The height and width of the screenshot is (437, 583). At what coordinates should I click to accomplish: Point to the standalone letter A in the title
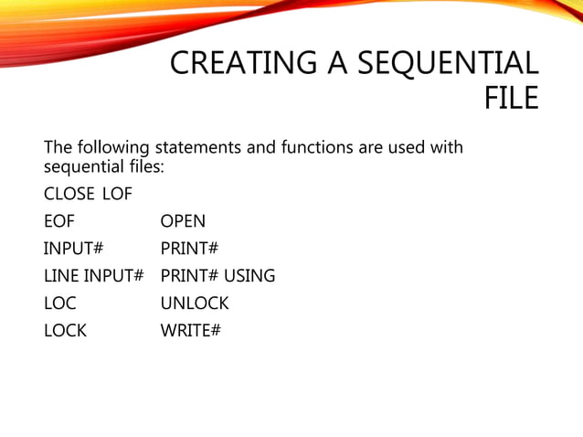click(333, 64)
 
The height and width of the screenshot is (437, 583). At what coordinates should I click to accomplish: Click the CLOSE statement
click(69, 194)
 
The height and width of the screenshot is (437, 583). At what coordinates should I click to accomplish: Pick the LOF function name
click(117, 194)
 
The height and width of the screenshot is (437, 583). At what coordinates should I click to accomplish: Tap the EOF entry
click(59, 221)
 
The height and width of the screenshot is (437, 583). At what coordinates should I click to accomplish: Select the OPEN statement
click(183, 221)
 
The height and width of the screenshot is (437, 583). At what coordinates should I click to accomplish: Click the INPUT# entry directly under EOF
click(73, 249)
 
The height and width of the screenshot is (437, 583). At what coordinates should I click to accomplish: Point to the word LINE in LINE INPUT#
click(62, 276)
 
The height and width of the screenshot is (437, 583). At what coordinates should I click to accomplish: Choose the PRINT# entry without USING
click(190, 249)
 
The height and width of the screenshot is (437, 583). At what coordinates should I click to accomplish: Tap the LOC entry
click(59, 304)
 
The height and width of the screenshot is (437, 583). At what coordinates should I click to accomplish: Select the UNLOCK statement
click(195, 304)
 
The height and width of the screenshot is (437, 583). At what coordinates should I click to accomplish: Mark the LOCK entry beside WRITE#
click(65, 331)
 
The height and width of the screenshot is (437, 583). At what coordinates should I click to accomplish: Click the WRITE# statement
click(191, 331)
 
